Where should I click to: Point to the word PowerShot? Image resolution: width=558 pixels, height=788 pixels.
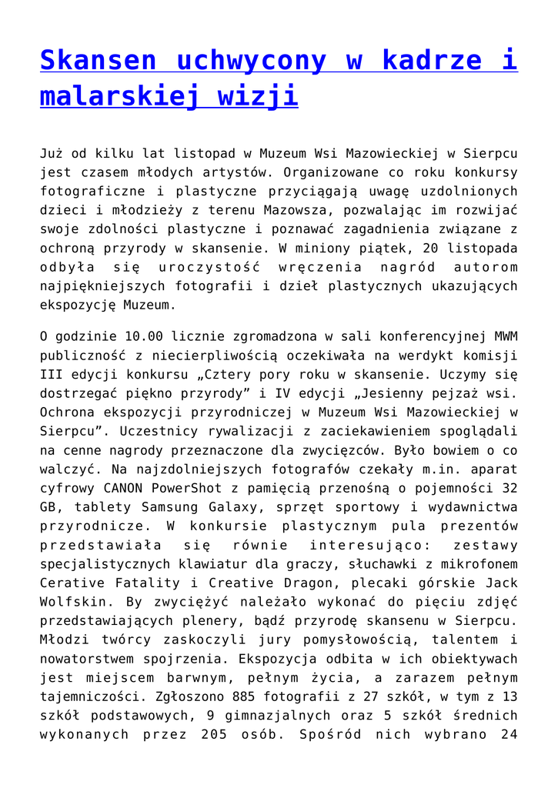pos(182,488)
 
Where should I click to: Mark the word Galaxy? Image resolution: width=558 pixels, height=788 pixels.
pos(214,507)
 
